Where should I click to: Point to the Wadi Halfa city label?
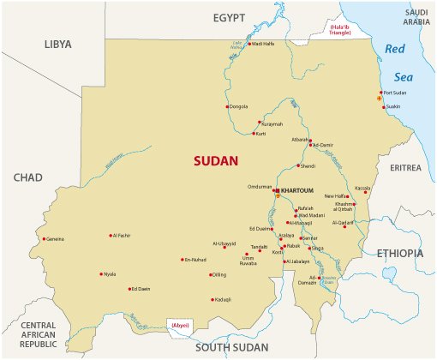[263, 44]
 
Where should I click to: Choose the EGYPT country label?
[229, 17]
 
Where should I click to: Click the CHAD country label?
[27, 177]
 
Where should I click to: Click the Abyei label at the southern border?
[181, 326]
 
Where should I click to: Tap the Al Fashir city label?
[122, 235]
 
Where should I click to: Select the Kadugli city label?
[224, 299]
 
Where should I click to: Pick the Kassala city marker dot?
[366, 192]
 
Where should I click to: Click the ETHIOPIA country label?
[398, 253]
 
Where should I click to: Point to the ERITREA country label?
[406, 168]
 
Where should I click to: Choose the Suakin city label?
[393, 106]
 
